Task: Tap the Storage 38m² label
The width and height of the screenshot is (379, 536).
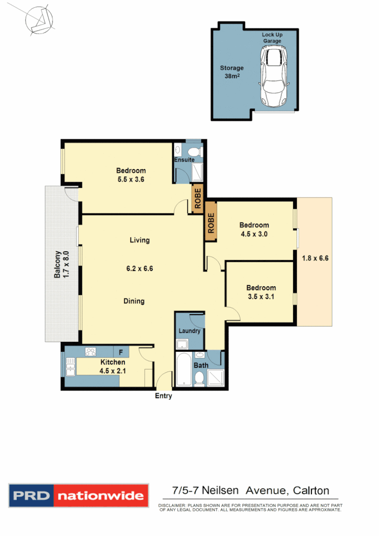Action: coord(231,72)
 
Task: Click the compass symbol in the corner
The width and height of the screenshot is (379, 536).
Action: coord(39,20)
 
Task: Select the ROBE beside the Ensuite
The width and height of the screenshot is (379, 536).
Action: coord(197,197)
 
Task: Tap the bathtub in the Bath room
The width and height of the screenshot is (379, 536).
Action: coord(183,371)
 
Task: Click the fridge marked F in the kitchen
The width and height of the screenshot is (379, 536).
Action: coord(121,352)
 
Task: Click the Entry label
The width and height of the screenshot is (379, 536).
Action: coord(163,396)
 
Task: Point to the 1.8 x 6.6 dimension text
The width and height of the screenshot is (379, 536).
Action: coord(315,258)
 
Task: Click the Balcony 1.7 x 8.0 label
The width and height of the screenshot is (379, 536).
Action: coord(62,272)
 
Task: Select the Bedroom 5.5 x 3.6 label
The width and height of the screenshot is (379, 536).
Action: coord(130,175)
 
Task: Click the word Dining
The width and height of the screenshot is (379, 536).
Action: coord(134,301)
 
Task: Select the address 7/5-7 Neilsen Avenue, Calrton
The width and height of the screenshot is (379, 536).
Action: coord(251,490)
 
